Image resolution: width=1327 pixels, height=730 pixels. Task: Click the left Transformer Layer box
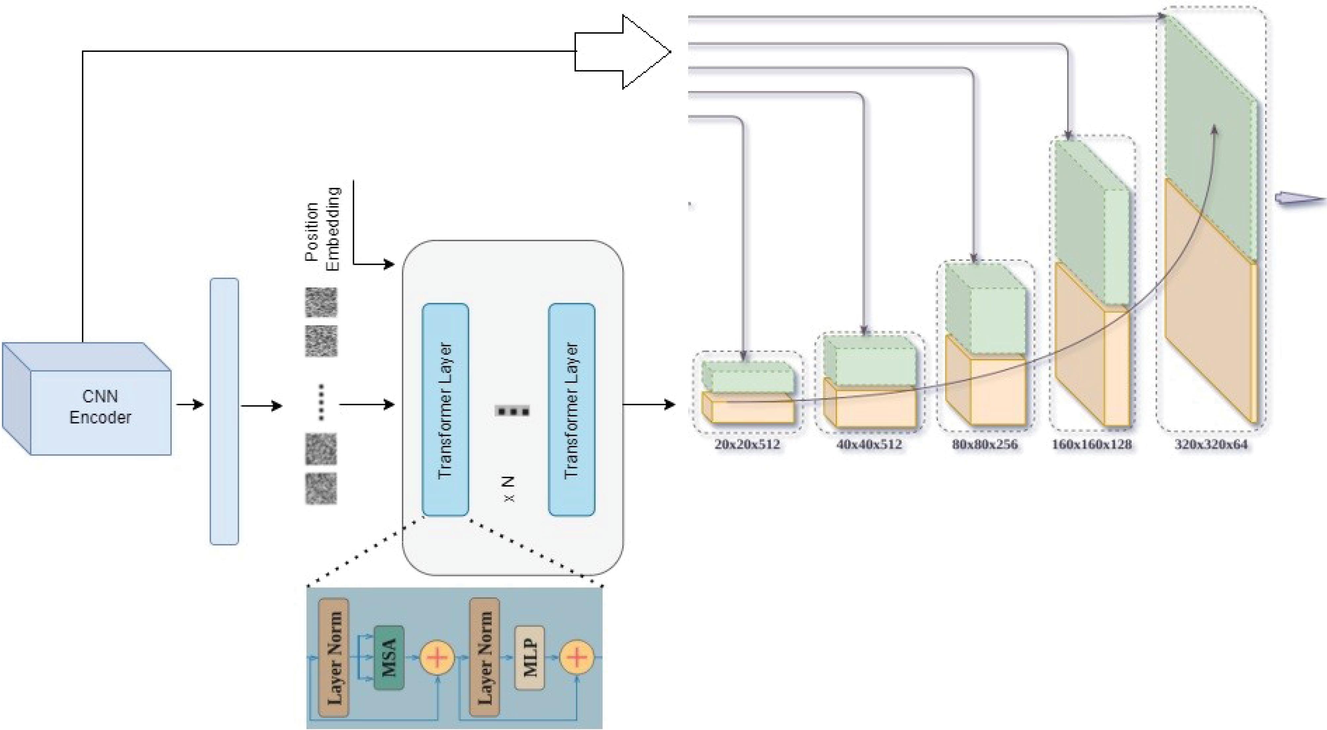click(445, 410)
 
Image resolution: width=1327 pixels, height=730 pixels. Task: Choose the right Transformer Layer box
click(571, 410)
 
